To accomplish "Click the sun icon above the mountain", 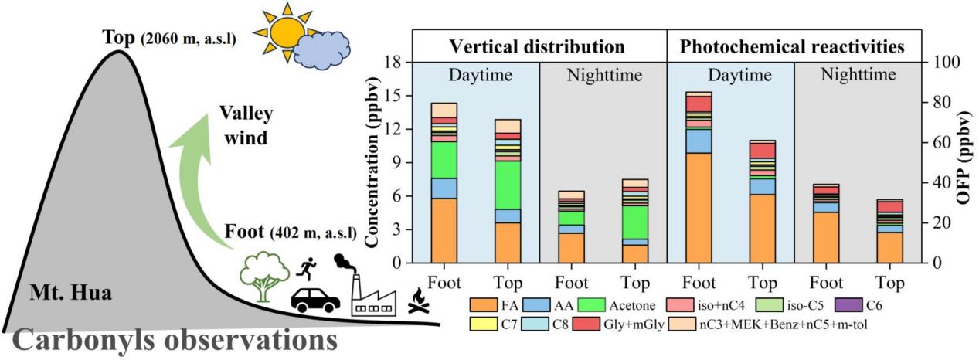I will coord(283,31).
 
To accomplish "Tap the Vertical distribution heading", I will coord(539,46).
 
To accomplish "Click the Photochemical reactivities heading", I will coord(792,46).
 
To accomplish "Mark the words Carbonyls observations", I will coord(170,342).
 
